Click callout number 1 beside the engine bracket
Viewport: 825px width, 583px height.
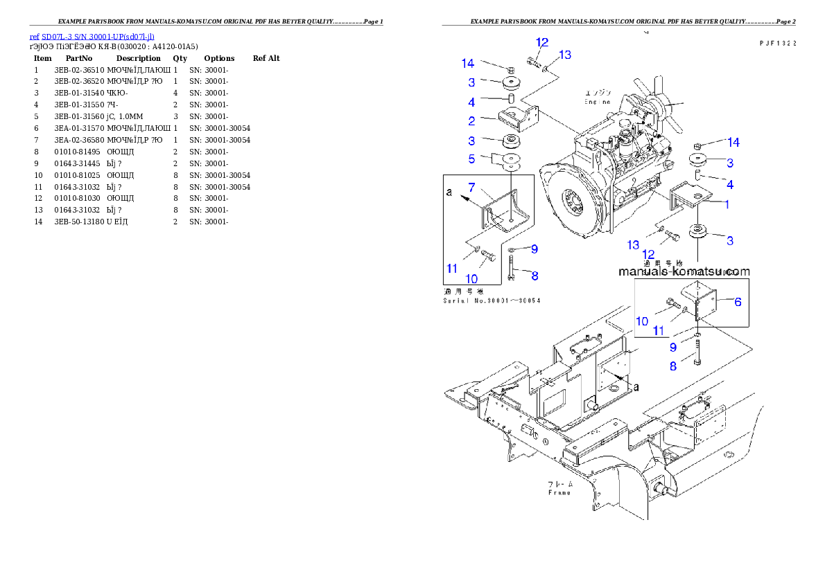(727, 204)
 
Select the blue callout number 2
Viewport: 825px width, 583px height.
(471, 121)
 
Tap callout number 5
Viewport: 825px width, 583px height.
(471, 159)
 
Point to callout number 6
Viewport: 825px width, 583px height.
(738, 301)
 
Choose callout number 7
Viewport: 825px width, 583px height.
(471, 188)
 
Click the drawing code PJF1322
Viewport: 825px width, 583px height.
(776, 43)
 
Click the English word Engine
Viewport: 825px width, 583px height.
(597, 102)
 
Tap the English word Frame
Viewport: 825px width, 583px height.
(559, 492)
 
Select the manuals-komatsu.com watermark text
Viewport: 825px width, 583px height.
(684, 272)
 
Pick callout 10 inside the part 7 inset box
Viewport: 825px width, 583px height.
(471, 278)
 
